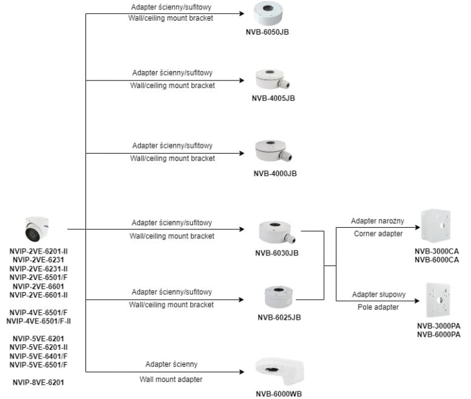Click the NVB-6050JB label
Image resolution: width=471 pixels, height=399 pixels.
267,32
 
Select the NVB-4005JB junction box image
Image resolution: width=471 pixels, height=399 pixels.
273,79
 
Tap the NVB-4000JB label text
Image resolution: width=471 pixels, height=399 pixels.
275,174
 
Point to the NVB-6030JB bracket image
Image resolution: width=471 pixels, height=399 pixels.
277,232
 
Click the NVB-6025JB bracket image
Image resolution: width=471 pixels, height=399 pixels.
278,296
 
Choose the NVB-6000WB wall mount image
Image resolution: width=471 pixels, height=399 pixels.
279,371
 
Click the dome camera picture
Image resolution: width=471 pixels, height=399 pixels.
37,229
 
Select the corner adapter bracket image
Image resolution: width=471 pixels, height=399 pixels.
436,225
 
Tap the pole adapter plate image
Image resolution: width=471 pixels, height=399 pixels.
438,300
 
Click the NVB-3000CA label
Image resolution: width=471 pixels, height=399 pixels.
436,251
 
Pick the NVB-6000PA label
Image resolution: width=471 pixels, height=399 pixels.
438,335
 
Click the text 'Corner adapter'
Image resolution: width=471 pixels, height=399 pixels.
378,233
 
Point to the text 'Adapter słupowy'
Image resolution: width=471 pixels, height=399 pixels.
379,294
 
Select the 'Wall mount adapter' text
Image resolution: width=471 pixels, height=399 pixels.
171,379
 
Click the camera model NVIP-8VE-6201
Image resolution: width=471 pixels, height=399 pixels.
38,383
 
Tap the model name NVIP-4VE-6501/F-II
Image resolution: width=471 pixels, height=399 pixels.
38,322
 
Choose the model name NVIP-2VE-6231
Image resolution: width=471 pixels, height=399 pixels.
38,260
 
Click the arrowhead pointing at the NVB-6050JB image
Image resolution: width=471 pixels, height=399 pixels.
242,14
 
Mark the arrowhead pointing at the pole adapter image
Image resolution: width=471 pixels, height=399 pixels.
416,301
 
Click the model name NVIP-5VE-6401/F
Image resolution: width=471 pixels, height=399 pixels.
38,356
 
